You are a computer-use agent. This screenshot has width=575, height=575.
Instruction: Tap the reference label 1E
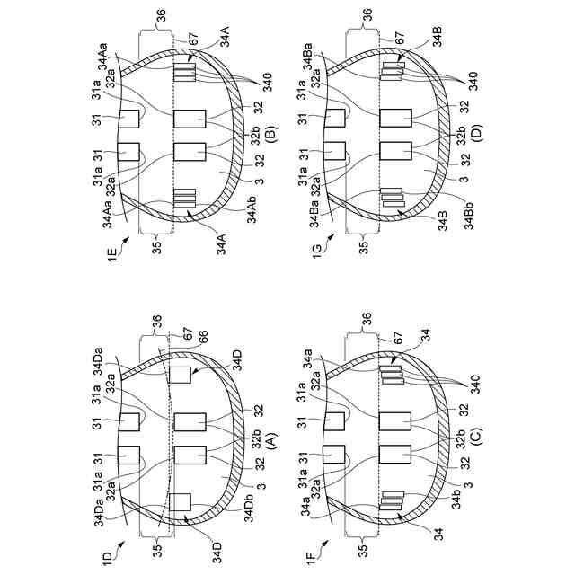tap(111, 253)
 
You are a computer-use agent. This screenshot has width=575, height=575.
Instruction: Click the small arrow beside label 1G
tap(331, 237)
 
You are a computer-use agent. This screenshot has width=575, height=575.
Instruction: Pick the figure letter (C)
tap(477, 436)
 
